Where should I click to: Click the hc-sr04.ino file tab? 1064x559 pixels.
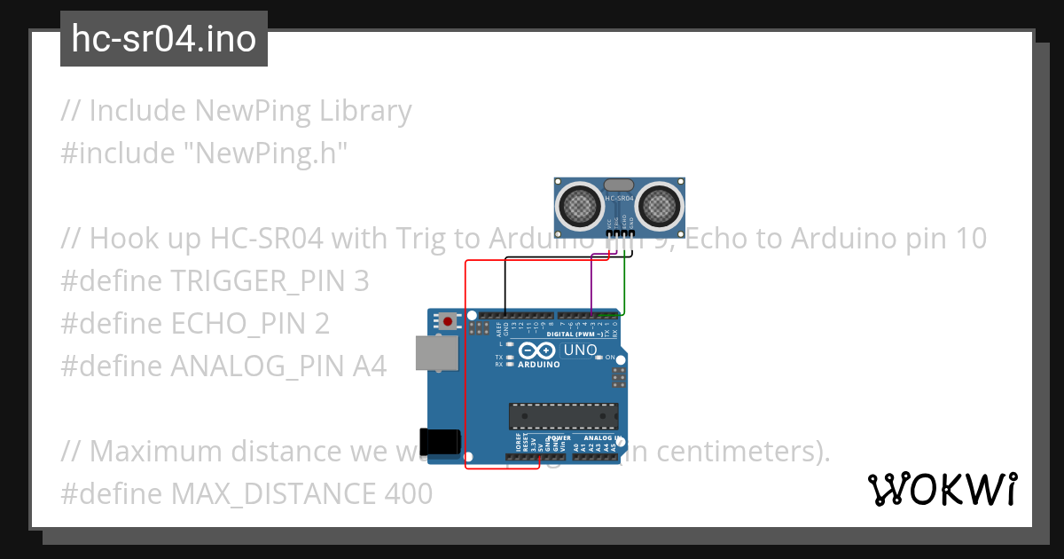pos(164,39)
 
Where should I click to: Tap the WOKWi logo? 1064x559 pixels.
pos(942,489)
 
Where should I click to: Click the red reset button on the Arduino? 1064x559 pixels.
pos(448,320)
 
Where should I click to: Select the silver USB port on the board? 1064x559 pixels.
pos(437,353)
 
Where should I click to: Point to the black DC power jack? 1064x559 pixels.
pos(441,441)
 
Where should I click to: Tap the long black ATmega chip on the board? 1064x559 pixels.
pos(563,415)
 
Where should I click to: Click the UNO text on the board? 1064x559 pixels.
pos(581,350)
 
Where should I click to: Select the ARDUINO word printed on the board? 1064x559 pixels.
pos(539,364)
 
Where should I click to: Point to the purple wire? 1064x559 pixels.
pos(591,284)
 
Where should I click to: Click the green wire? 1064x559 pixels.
pos(624,284)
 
